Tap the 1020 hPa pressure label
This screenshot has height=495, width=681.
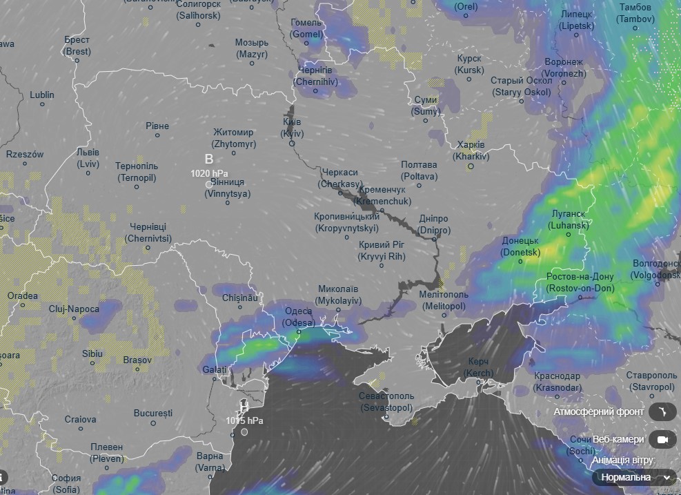click(x=209, y=173)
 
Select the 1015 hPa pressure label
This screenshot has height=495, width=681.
click(x=244, y=420)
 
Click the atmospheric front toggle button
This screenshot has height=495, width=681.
click(x=662, y=412)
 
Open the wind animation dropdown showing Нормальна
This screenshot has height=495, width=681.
click(x=635, y=477)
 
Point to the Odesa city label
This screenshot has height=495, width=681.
click(x=299, y=317)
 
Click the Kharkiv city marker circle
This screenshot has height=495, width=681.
click(x=471, y=166)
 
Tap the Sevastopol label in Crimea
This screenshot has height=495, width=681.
click(x=386, y=402)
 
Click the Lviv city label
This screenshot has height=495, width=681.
click(x=88, y=158)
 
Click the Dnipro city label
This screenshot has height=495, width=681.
click(x=434, y=224)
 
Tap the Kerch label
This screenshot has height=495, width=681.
click(x=478, y=367)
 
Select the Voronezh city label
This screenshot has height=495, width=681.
click(x=564, y=68)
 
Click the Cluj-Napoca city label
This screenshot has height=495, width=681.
click(x=74, y=309)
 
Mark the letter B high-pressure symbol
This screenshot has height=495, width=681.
click(x=209, y=159)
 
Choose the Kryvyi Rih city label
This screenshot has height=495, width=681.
click(x=382, y=251)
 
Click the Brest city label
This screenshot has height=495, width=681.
click(x=77, y=46)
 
